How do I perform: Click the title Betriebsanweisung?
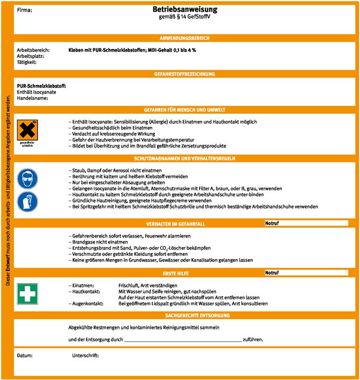[185, 10]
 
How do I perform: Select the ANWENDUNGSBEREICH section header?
[185, 38]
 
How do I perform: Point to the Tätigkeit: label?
[27, 62]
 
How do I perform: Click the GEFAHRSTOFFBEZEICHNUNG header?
[185, 74]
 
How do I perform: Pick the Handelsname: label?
[33, 98]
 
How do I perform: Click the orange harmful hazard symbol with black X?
[27, 131]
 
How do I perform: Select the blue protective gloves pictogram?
[27, 202]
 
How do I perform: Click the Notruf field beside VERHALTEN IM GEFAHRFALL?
[306, 223]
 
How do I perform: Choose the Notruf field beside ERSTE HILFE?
[306, 273]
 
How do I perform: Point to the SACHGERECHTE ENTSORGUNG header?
[185, 315]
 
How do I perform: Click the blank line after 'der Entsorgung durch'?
[182, 340]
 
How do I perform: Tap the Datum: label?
[25, 356]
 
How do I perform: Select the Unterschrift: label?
[86, 356]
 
